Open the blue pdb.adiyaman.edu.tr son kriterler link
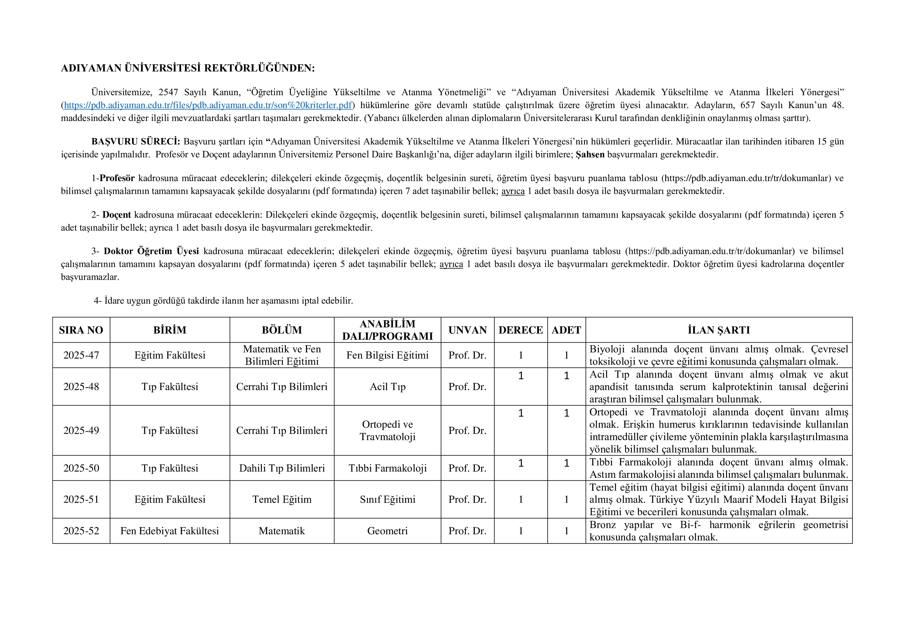[x=208, y=105]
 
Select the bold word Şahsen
[x=590, y=155]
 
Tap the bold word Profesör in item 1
[x=117, y=178]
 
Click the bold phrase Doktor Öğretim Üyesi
[x=151, y=251]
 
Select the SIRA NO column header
[x=81, y=330]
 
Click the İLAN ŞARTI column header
[x=718, y=330]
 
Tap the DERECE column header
[x=520, y=330]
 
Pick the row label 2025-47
[x=81, y=355]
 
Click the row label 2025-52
[x=81, y=531]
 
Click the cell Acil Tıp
[x=387, y=387]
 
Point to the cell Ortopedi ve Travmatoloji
[x=387, y=430]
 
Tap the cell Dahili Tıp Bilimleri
[x=282, y=468]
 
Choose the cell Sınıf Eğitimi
[x=387, y=499]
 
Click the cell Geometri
[x=387, y=531]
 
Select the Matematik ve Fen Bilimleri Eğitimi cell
[x=282, y=355]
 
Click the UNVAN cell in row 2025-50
[x=467, y=468]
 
